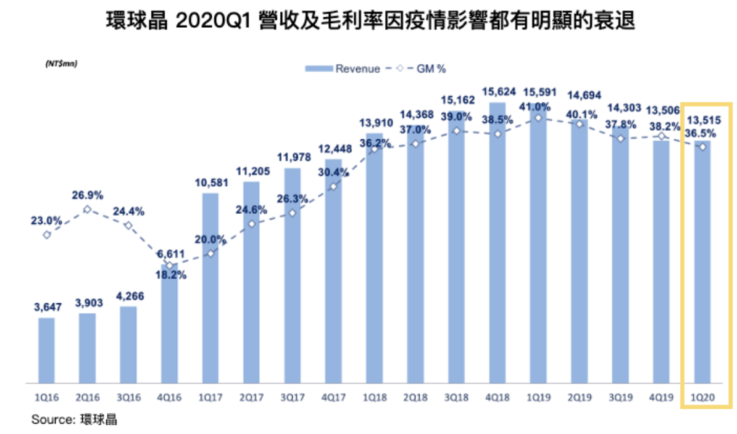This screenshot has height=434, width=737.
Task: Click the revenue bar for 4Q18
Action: click(x=498, y=247)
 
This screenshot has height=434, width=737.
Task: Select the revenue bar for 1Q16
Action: click(x=46, y=351)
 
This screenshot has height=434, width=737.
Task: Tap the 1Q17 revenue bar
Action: click(x=210, y=290)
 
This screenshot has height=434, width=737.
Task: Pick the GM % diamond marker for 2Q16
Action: click(x=87, y=210)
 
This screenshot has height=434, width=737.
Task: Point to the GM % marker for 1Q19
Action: click(x=539, y=118)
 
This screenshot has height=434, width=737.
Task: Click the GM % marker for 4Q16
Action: click(x=169, y=265)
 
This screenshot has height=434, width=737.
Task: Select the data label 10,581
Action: click(x=210, y=183)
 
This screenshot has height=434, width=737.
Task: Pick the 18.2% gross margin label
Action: click(x=170, y=276)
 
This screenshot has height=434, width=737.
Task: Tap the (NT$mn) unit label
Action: click(x=61, y=63)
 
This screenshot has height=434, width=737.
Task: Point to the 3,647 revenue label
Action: click(x=46, y=306)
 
